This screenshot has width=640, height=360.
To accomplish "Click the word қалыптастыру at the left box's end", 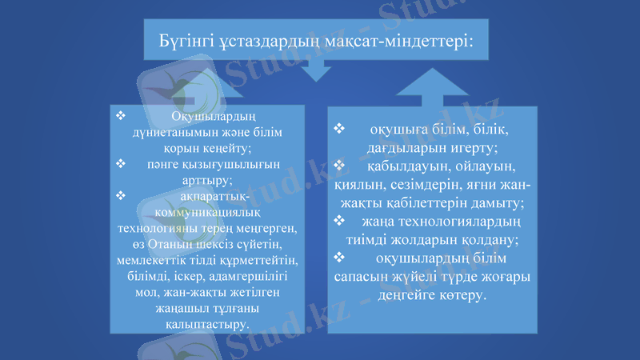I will pyautogui.click(x=206, y=323).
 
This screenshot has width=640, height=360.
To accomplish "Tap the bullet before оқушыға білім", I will pyautogui.click(x=339, y=129).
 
